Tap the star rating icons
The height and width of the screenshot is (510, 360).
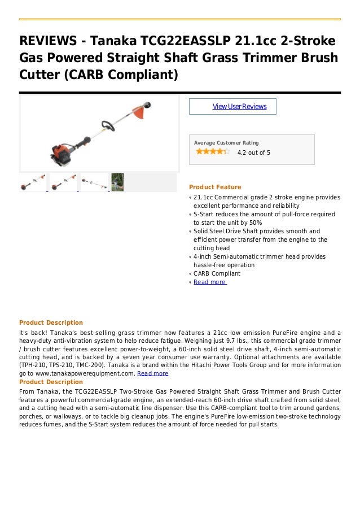(212, 151)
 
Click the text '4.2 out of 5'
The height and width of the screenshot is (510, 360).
(253, 152)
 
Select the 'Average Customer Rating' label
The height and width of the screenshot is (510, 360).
(226, 143)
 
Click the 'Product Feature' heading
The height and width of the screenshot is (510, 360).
(215, 187)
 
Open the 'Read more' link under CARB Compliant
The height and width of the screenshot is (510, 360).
(209, 282)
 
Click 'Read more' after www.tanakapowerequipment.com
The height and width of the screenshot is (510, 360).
(153, 373)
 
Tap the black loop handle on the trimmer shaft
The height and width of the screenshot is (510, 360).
(105, 127)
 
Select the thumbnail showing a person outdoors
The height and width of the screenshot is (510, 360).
(117, 182)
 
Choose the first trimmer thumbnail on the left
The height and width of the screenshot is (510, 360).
(33, 182)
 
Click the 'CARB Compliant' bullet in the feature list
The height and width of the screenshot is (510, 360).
(217, 273)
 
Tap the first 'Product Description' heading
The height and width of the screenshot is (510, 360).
(51, 322)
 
